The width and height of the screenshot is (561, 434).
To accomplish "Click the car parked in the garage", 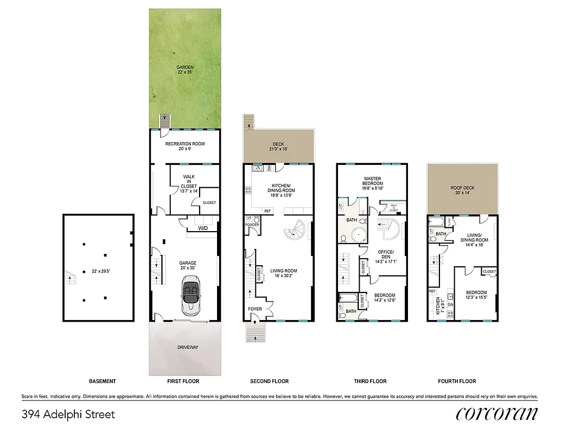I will pos(190,296).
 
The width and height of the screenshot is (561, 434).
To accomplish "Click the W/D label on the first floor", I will pos(202,228).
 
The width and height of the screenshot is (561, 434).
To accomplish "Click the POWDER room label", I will pos(251,225).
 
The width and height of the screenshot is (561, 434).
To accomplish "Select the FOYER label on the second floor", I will pos(255,309).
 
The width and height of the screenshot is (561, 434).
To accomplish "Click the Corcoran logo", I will pos(497,414).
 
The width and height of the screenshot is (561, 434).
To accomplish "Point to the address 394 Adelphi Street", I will pos(68,415).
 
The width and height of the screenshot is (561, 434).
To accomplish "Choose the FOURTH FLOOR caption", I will pos(457,381).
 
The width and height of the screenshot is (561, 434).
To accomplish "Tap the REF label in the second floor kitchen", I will pos(267,211).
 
